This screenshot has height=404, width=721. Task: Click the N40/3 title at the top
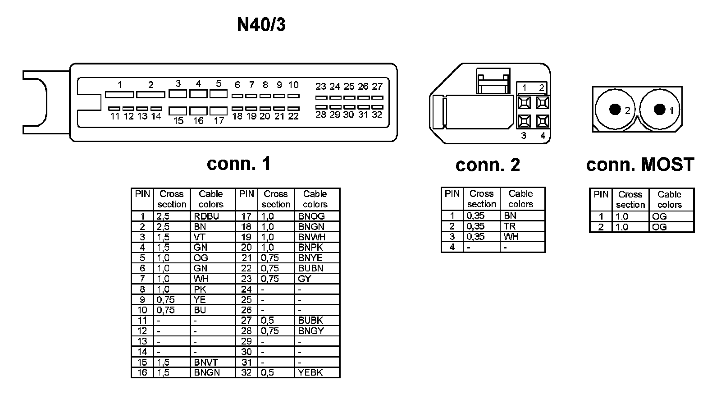coord(261,25)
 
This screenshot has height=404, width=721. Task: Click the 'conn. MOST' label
coord(640,165)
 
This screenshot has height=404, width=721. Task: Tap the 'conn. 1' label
coord(239,164)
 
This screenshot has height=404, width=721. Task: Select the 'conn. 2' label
coord(488,165)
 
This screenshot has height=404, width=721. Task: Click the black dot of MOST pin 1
coord(659,109)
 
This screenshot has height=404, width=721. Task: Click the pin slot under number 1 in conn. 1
coord(119,95)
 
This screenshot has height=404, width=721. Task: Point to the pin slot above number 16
coord(198,110)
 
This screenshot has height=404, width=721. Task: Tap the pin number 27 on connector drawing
coord(377,86)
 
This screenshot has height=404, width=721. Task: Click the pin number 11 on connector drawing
coord(115,116)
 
